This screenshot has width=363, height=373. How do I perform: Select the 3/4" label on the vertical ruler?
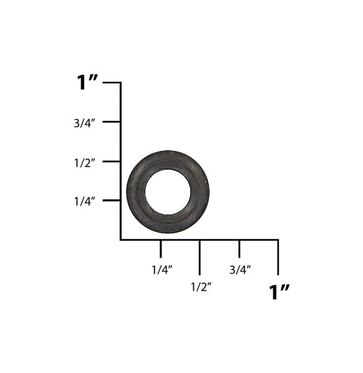point(84,123)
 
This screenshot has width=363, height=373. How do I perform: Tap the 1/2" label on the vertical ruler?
point(84,162)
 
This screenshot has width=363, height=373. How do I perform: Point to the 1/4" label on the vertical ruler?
point(84,201)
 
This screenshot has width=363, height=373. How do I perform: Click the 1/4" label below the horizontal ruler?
point(162,269)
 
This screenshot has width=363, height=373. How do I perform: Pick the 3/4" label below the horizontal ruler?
point(240,269)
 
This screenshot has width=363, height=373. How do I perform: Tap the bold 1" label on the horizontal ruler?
point(279,292)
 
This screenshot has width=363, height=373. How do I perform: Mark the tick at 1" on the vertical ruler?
point(112,82)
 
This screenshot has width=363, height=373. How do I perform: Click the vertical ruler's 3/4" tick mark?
point(112,122)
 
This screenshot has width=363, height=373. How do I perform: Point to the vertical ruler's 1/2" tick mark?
point(112,161)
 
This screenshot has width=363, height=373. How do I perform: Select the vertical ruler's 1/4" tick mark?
point(112,200)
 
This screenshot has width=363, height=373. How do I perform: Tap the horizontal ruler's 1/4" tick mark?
point(160,248)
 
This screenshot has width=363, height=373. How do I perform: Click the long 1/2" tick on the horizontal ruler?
point(200,256)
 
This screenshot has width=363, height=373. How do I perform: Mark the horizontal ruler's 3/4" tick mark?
point(239,248)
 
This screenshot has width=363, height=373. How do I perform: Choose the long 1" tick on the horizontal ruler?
point(278,256)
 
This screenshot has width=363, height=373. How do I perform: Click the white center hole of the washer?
point(168,191)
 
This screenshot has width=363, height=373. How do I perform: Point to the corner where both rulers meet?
point(120,240)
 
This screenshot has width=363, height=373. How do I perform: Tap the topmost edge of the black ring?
point(168,151)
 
